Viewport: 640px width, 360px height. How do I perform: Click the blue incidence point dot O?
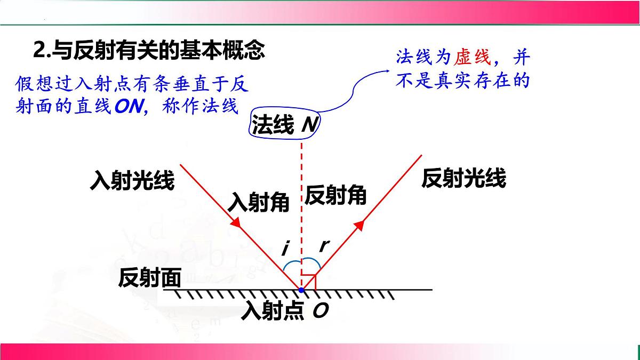click(301, 290)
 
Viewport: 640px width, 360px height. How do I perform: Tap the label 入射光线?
click(133, 181)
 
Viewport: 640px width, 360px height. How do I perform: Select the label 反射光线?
click(463, 179)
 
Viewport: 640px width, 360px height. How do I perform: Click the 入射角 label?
click(259, 203)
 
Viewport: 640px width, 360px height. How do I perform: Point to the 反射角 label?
click(335, 196)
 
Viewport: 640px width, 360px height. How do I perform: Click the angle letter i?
click(286, 247)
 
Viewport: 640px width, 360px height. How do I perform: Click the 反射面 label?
click(150, 277)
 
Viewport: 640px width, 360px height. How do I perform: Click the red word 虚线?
click(471, 57)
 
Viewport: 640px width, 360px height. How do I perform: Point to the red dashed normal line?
click(302, 203)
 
